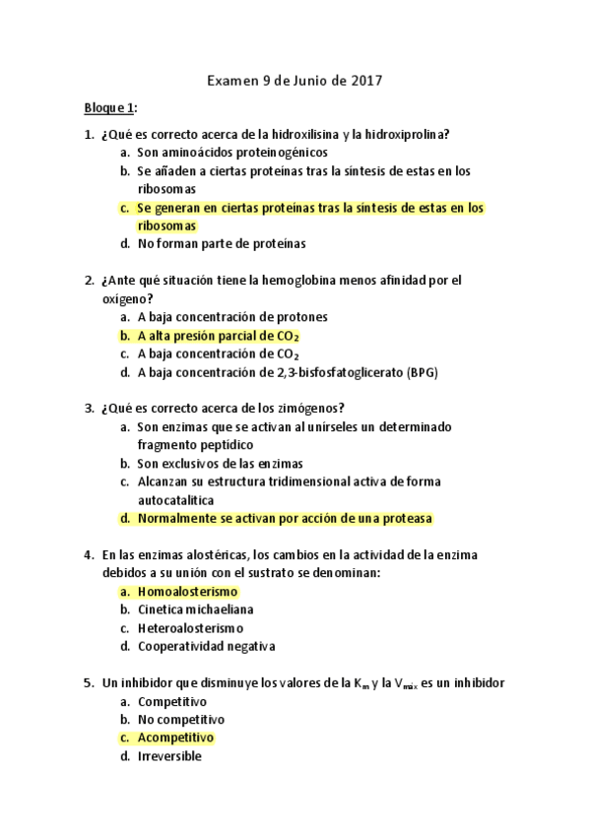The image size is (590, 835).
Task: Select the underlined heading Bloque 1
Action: click(x=109, y=106)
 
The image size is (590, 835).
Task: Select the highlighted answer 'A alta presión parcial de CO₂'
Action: click(x=219, y=335)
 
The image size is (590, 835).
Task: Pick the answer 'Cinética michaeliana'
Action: click(x=195, y=610)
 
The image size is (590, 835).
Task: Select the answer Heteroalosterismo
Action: click(x=190, y=628)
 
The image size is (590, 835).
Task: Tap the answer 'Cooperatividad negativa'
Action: click(x=206, y=647)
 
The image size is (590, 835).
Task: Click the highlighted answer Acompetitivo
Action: click(x=175, y=738)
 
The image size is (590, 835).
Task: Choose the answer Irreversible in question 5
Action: click(x=169, y=756)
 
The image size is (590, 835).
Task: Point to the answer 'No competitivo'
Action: click(x=180, y=720)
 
